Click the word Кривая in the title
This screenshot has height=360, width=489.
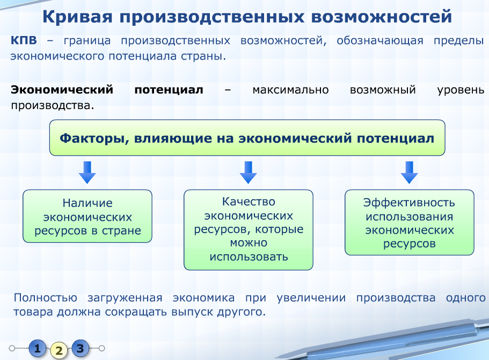(77, 17)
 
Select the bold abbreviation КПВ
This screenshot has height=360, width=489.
(24, 40)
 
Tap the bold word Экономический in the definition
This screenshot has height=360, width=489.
(62, 90)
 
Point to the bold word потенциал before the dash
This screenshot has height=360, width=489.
(169, 90)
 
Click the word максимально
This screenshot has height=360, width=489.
(290, 90)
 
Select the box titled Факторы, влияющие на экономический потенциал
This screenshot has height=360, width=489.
(247, 138)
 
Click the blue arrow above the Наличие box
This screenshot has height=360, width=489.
(87, 172)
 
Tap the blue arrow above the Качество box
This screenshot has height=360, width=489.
(248, 172)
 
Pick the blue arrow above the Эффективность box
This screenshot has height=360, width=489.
(409, 172)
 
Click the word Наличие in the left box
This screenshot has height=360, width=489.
(87, 203)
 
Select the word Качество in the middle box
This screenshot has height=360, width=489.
(249, 201)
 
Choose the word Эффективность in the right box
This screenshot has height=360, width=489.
(409, 203)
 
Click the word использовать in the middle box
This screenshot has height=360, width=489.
(249, 257)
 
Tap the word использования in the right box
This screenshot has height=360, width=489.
(409, 217)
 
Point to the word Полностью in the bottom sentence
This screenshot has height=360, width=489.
(46, 298)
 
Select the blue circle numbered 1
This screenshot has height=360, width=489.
(38, 348)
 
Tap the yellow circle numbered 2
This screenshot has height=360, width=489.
(59, 350)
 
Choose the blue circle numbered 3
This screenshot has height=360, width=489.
(81, 348)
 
